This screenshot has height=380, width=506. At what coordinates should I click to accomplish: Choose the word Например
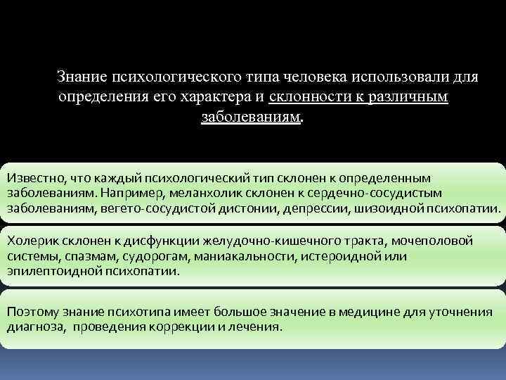pyautogui.click(x=129, y=193)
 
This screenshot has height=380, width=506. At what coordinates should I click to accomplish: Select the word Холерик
pyautogui.click(x=29, y=241)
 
